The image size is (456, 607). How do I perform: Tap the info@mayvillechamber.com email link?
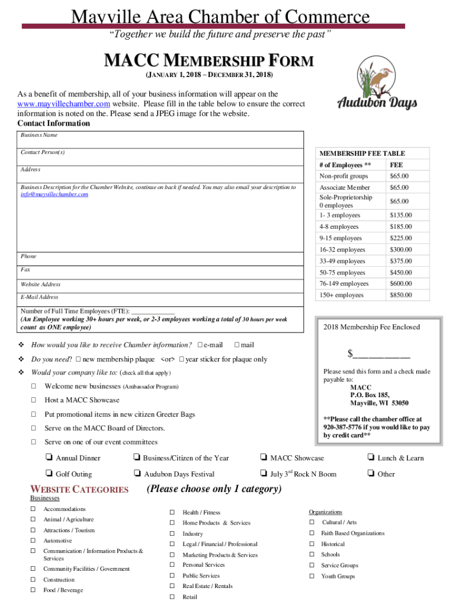tap(54, 194)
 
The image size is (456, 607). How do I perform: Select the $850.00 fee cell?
tap(400, 295)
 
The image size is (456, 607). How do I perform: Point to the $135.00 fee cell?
tap(400, 215)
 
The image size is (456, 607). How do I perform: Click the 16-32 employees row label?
tap(342, 250)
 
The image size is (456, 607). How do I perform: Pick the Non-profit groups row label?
tap(343, 176)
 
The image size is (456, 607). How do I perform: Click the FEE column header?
tap(396, 165)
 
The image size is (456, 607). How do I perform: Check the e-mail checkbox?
tap(200, 345)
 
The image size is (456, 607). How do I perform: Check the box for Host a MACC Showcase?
tap(33, 400)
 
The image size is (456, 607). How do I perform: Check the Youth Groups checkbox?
tap(312, 576)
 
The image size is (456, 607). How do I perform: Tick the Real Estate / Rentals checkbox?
tap(172, 586)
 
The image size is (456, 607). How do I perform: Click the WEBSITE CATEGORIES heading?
tap(79, 490)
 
